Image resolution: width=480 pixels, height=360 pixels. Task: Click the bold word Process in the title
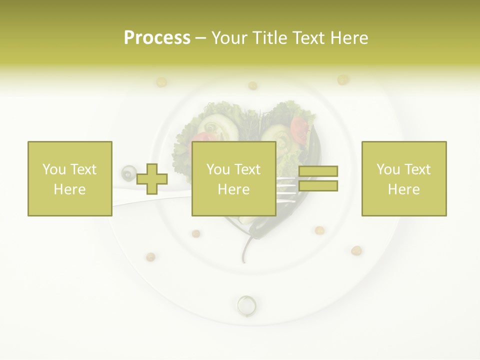pyautogui.click(x=157, y=38)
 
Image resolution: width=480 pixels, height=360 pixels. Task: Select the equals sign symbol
pyautogui.click(x=318, y=179)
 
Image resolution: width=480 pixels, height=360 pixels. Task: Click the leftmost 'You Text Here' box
pyautogui.click(x=69, y=179)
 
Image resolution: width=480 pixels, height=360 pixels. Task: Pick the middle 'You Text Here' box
pyautogui.click(x=233, y=179)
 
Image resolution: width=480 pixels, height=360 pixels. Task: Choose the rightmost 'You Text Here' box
pyautogui.click(x=403, y=179)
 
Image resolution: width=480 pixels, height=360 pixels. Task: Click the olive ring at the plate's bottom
pyautogui.click(x=245, y=303)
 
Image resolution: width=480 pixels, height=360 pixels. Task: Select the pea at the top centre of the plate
pyautogui.click(x=252, y=85)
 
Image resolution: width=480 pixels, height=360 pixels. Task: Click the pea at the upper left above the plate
pyautogui.click(x=161, y=81)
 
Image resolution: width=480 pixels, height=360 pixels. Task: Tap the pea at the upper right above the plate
pyautogui.click(x=342, y=79)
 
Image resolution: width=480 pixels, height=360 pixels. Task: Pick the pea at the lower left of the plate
pyautogui.click(x=150, y=257)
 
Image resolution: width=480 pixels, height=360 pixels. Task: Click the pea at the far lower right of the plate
pyautogui.click(x=356, y=250)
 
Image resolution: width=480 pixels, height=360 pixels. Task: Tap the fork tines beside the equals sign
pyautogui.click(x=287, y=186)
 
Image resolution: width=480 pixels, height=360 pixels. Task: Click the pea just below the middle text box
pyautogui.click(x=196, y=233)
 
